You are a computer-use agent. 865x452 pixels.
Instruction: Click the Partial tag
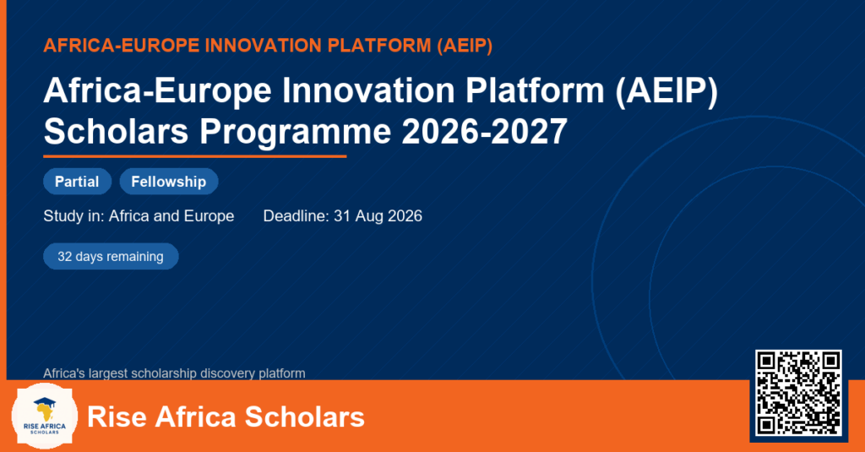(x=77, y=182)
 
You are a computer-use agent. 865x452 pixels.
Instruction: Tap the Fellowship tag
(x=169, y=182)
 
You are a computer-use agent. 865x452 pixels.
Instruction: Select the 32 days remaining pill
(x=111, y=256)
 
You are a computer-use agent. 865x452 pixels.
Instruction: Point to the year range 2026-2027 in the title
(x=484, y=131)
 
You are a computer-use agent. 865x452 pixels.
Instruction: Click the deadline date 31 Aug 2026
(x=378, y=215)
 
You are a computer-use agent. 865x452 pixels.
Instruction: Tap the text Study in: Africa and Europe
(x=139, y=215)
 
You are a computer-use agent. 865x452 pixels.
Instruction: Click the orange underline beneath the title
(x=195, y=157)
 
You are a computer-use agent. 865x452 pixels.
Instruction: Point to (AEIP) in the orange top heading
(x=465, y=46)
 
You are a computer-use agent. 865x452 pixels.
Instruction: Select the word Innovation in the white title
(x=368, y=90)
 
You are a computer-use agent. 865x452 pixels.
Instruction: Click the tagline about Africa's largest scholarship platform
(x=174, y=373)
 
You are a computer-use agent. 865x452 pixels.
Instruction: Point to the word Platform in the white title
(x=535, y=90)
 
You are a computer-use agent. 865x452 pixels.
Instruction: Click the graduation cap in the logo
(x=44, y=402)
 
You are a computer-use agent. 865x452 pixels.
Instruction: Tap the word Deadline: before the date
(x=296, y=215)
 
